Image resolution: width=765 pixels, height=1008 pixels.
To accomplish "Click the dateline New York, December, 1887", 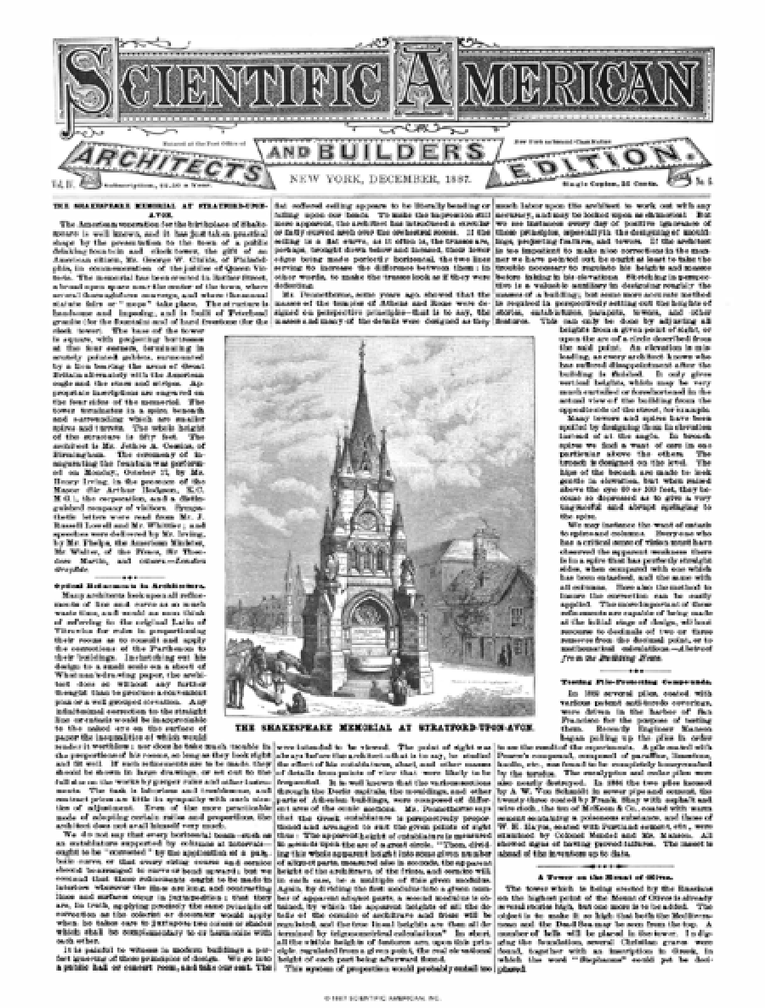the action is point(388,180).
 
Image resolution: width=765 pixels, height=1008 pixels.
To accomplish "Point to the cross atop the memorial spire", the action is point(364,348).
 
